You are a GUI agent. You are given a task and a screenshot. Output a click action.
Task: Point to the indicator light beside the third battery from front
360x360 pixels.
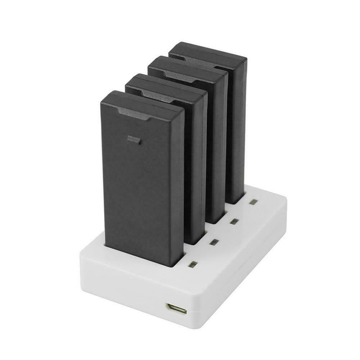pos(233,221)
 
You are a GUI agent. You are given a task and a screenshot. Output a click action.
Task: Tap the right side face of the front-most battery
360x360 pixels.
pos(178,184)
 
